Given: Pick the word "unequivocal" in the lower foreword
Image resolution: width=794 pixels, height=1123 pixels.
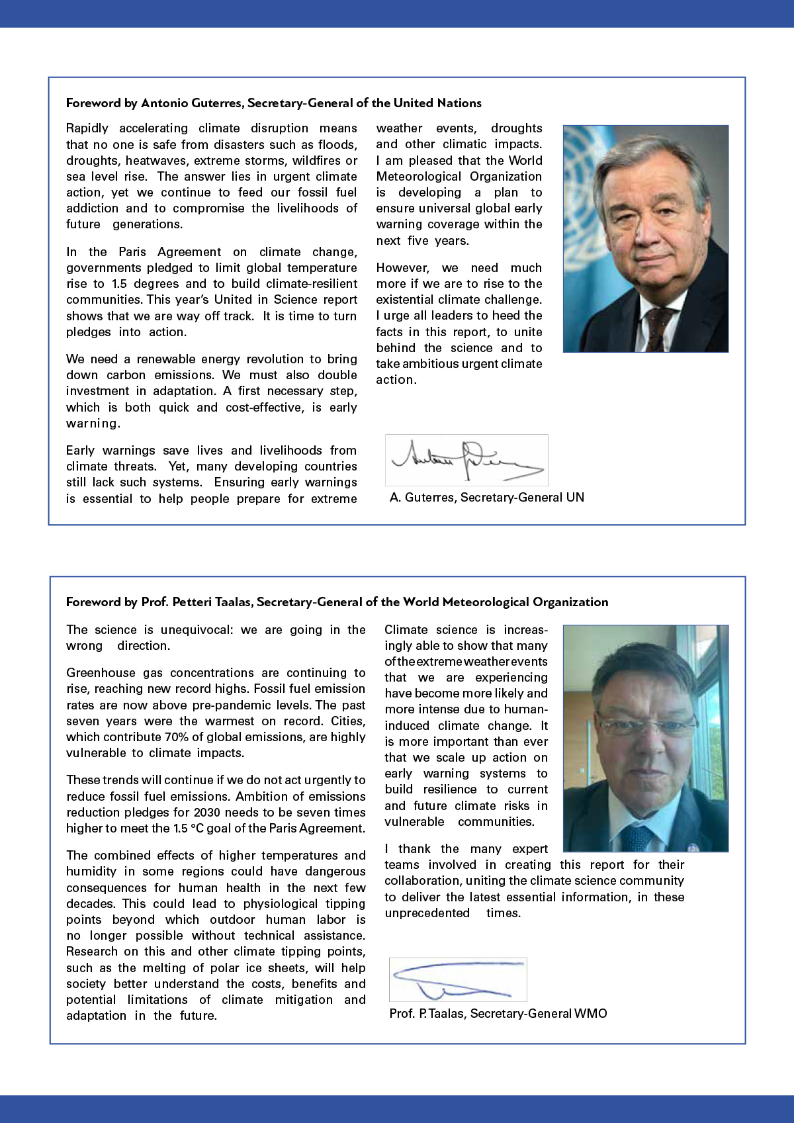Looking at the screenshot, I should point(197,629).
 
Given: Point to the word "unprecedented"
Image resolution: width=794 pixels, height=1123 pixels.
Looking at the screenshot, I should point(427,913).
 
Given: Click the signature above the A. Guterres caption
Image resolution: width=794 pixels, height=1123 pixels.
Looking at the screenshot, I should point(466,460).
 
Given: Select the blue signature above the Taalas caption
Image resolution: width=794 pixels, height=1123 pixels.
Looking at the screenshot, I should point(457,979).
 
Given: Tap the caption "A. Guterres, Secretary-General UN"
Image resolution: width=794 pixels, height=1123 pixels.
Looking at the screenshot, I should point(487,497).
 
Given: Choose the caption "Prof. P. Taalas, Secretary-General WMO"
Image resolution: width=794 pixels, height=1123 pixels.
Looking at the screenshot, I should point(498,1013).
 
